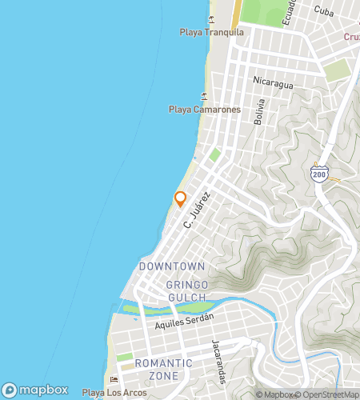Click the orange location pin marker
click(180, 198)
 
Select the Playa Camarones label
click(204, 109)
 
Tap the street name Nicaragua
click(273, 82)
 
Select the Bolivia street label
click(258, 112)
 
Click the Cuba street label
click(323, 10)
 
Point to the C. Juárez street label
click(196, 209)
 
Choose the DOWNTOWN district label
click(171, 266)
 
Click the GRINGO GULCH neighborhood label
click(186, 291)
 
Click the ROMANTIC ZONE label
click(163, 369)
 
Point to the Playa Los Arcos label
click(114, 393)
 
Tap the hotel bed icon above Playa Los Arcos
click(114, 379)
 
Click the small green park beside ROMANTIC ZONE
click(125, 357)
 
